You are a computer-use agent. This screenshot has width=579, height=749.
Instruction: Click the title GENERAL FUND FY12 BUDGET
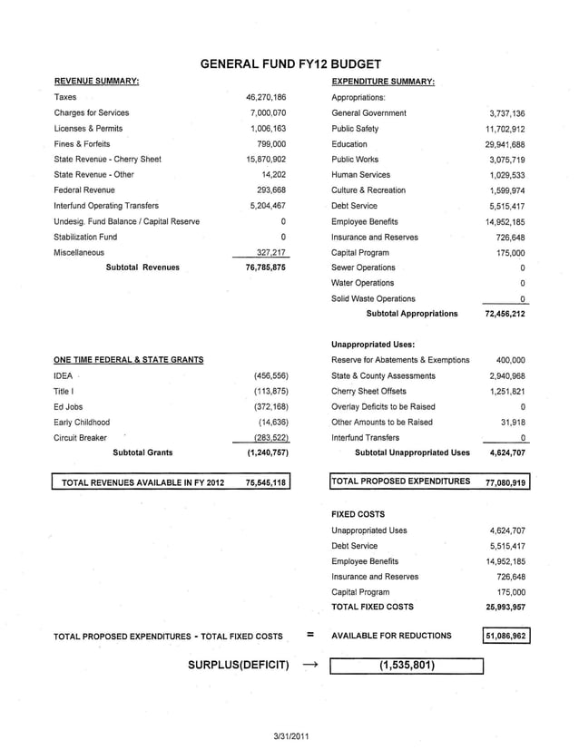[289, 63]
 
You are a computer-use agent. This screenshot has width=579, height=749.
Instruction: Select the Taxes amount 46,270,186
[266, 97]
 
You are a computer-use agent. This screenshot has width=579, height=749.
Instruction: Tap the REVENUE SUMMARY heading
[96, 82]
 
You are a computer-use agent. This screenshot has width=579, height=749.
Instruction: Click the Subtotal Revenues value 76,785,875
[266, 267]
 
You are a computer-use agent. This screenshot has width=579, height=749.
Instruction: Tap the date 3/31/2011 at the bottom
[289, 734]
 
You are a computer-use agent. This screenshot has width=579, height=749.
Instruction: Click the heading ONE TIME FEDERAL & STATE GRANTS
[128, 360]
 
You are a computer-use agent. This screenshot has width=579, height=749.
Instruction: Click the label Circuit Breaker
[80, 437]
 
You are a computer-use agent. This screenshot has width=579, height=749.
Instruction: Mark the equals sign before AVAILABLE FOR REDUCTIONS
[309, 636]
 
